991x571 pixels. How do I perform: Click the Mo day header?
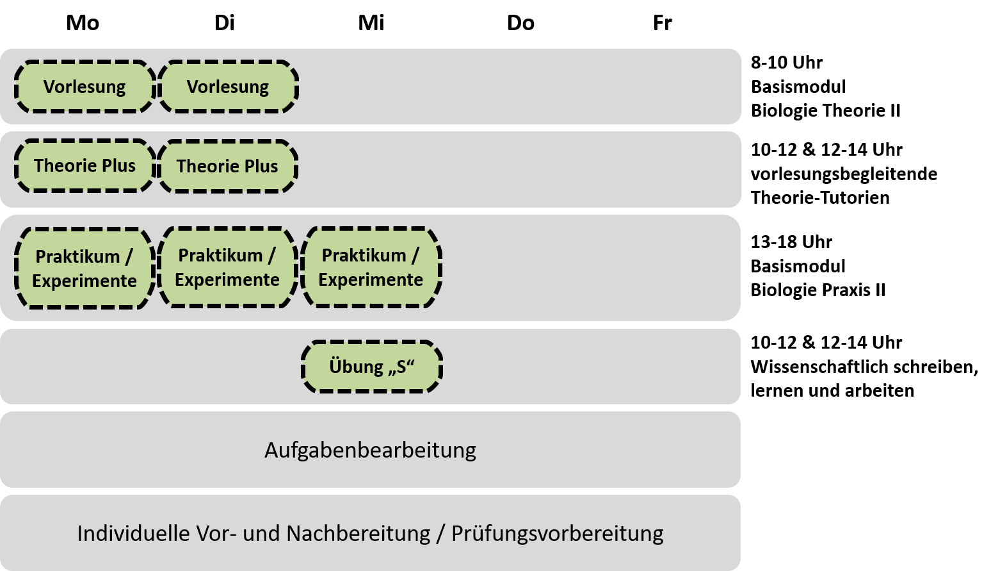pos(83,22)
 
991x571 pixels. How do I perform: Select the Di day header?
pos(224,22)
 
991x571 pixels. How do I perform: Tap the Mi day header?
pos(371,22)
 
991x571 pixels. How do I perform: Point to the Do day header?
pos(520,22)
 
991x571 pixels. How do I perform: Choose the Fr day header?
pos(663,22)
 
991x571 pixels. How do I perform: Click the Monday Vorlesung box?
pos(85,87)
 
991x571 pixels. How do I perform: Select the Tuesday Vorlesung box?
pos(228,87)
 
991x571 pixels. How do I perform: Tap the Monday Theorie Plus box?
pos(85,166)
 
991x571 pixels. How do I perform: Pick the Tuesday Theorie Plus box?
pos(227,167)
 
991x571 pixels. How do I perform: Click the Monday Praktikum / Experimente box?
pos(85,269)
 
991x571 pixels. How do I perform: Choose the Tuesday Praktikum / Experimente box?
pos(227,267)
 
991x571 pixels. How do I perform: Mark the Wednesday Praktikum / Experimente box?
pos(371,267)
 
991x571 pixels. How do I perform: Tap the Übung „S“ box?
pos(371,367)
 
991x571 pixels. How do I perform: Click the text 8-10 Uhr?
pos(787,62)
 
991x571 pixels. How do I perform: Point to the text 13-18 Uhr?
pos(791,242)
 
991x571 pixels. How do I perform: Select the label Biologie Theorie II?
pos(826,111)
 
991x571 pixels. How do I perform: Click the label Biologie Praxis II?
pos(818,290)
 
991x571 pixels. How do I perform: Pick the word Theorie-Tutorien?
pos(820,197)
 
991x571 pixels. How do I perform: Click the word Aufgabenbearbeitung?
pos(370,450)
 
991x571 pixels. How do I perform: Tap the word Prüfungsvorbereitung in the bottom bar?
pos(558,533)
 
